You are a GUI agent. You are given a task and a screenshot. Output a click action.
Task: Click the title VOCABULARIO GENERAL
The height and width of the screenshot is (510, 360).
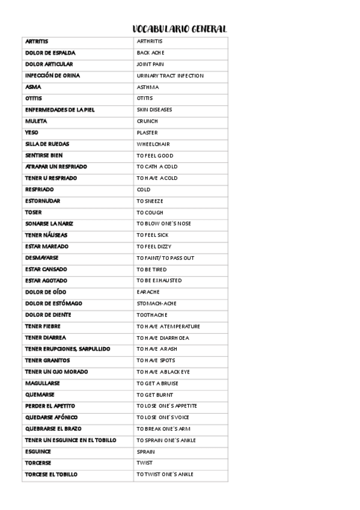coord(179,29)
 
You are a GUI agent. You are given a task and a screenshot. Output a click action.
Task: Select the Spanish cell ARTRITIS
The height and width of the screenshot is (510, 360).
coord(37,41)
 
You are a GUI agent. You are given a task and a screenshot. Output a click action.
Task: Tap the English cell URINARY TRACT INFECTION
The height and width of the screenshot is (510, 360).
coord(170,76)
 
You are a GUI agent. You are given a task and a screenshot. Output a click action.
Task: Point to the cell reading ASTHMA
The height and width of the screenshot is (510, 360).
coord(148,87)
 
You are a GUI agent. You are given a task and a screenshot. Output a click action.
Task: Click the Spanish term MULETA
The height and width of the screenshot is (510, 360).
coord(35,121)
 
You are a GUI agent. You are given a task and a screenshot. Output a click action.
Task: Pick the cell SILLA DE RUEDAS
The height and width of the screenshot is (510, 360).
coord(47,144)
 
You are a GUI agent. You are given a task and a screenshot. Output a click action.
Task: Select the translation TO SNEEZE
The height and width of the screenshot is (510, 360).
coord(150,201)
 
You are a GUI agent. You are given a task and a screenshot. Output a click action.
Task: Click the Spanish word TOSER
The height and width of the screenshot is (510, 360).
coord(33,212)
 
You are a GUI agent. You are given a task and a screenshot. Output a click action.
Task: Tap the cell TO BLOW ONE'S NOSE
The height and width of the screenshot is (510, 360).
coord(163,224)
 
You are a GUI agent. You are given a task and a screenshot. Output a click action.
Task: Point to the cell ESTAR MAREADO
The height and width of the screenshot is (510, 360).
coord(46,247)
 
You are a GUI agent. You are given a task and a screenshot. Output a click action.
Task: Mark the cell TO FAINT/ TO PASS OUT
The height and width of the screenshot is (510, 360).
coord(165,258)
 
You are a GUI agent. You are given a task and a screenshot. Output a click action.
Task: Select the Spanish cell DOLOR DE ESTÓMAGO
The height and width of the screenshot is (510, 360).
coord(53,304)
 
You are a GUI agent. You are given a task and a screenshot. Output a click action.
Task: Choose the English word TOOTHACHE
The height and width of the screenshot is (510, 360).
coord(152,315)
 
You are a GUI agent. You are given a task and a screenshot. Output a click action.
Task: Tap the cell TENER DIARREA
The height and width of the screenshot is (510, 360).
coord(45,338)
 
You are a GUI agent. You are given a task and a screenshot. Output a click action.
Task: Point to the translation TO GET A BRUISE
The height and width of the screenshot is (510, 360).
coord(157,384)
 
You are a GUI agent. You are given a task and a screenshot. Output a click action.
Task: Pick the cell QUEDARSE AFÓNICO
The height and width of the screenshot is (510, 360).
coord(51,417)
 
